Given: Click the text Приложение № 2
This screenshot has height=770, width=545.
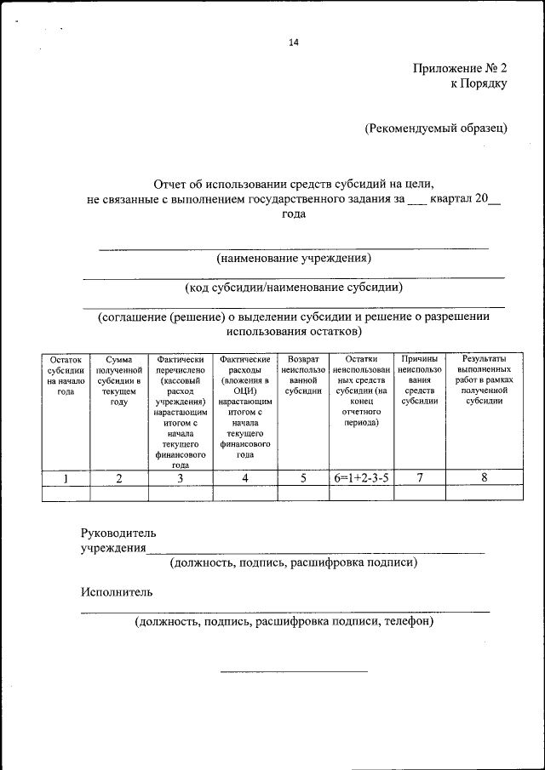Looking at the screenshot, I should click(461, 67).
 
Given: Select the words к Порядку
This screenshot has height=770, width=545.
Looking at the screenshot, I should click(479, 83).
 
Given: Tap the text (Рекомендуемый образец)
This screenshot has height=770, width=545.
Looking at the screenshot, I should click(436, 128).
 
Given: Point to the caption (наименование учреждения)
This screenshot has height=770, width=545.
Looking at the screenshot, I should click(294, 257).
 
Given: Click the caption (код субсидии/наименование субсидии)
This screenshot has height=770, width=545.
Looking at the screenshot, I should click(294, 287).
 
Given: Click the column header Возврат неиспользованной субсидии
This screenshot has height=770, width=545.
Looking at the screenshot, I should click(303, 376).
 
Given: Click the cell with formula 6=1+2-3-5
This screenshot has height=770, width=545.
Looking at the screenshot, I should click(361, 478).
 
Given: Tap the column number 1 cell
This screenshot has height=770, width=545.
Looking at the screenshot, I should click(66, 478).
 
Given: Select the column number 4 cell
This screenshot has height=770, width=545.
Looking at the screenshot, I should click(245, 478).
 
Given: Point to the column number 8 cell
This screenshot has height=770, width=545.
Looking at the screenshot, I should click(484, 478).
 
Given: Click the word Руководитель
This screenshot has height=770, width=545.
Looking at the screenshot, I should click(118, 533).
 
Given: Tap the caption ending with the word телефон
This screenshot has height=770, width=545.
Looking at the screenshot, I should click(284, 622).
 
